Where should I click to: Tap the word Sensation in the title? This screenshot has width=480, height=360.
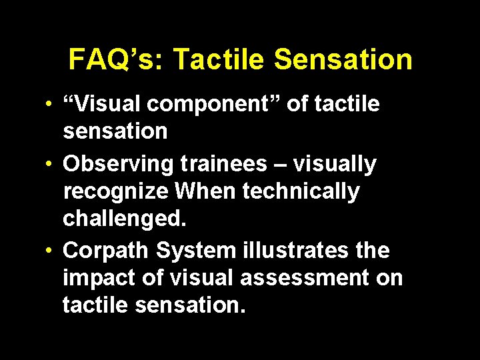pyautogui.click(x=343, y=60)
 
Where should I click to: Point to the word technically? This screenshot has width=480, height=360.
pyautogui.click(x=301, y=192)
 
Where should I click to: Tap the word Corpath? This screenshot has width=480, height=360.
pyautogui.click(x=106, y=251)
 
